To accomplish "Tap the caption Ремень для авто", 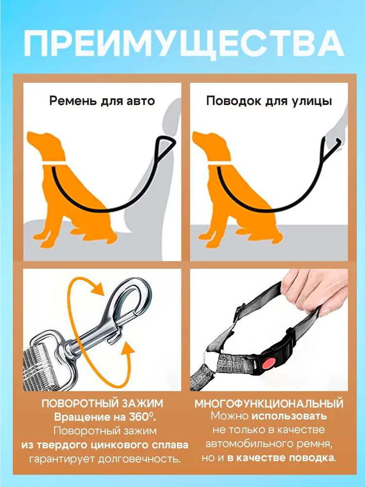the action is click(102, 101).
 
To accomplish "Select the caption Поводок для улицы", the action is click(269, 101).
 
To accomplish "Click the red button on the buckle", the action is click(269, 363).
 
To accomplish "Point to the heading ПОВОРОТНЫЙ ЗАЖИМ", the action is click(102, 403).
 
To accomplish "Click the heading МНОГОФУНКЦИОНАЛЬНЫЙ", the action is click(269, 404).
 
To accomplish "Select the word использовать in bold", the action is click(289, 416).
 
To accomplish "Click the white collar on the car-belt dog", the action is click(55, 163).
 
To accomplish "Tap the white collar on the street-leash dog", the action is click(220, 163).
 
